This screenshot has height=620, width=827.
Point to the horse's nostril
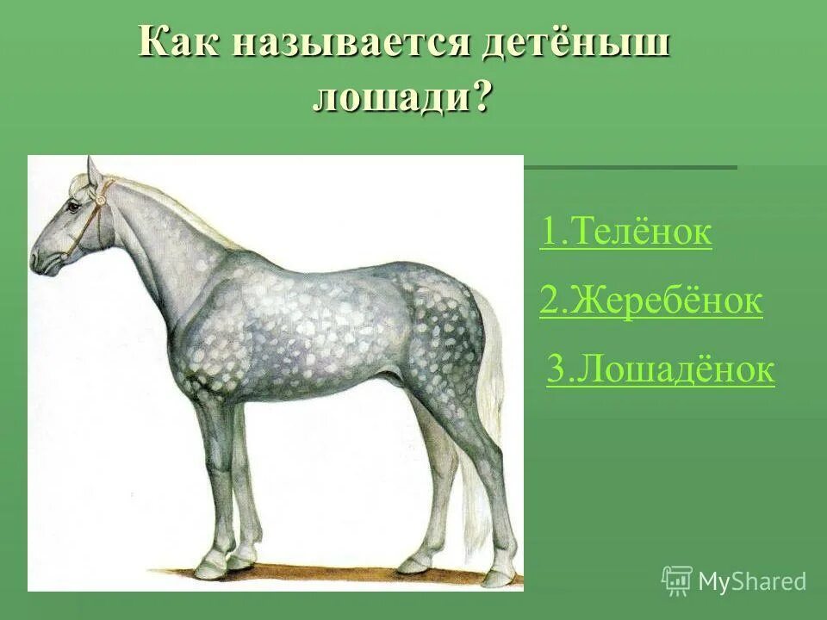36,256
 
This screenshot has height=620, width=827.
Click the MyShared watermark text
752,581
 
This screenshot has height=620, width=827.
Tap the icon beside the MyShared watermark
677,580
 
